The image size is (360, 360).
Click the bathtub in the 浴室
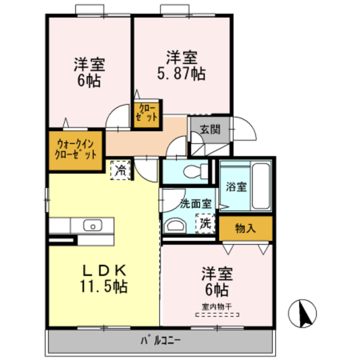[260, 185]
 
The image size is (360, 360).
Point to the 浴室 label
[235, 187]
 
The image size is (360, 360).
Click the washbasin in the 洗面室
[175, 226]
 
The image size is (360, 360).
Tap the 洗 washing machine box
[205, 223]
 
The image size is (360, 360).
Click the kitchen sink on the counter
[91, 226]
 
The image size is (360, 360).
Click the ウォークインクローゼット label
[76, 149]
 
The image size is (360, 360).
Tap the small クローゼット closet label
[146, 112]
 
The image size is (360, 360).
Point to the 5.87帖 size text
[181, 73]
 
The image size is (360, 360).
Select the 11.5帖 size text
[102, 286]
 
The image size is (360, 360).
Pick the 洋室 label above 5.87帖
[181, 57]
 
